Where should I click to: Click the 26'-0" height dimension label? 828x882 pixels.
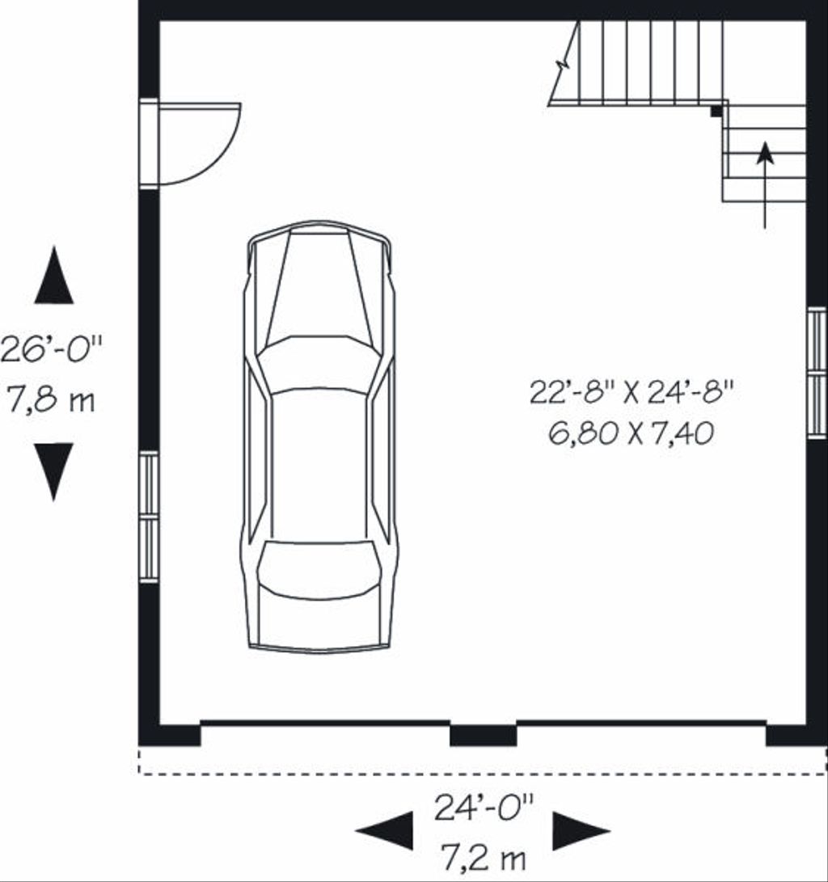tap(53, 349)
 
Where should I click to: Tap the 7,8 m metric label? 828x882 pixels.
tap(51, 399)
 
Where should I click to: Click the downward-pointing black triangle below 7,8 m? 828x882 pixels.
tap(54, 471)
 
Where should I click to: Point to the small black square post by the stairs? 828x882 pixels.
tap(716, 112)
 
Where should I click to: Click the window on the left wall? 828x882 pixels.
tap(149, 517)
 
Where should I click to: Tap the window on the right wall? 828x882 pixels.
tap(817, 373)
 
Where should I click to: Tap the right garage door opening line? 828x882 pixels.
tap(641, 722)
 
